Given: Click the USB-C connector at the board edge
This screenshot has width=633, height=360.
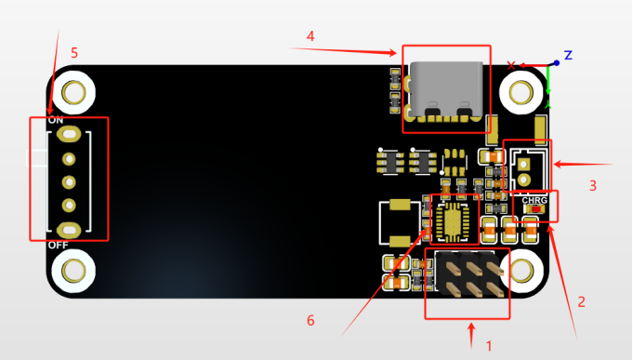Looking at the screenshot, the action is tap(446, 90).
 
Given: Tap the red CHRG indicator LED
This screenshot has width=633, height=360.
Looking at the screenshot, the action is tap(535, 209).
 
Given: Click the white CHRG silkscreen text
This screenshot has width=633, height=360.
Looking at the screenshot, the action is tap(534, 200).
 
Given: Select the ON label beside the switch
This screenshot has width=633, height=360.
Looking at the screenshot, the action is tap(56, 120).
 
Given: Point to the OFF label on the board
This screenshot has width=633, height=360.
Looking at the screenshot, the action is tap(59, 246).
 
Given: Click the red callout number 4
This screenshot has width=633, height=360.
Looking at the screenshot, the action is tap(310, 36).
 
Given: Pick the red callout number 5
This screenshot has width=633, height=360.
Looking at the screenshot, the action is tap(73, 53).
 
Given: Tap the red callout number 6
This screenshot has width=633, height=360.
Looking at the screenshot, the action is tap(310, 320).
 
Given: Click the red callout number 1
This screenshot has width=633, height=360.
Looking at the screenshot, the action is tap(489, 346).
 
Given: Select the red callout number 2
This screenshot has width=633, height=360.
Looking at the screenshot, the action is tap(581, 301).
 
